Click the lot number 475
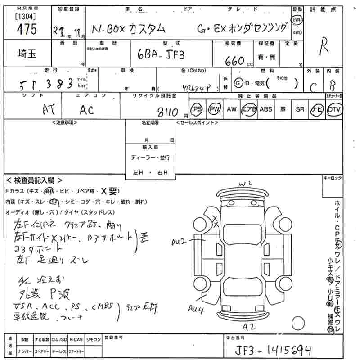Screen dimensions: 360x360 pyautogui.click(x=26, y=29)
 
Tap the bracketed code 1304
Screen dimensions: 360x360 pyautogui.click(x=25, y=16)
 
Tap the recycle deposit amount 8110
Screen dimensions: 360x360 pyautogui.click(x=165, y=111)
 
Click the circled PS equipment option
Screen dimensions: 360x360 pyautogui.click(x=197, y=109)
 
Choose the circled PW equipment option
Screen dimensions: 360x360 pyautogui.click(x=215, y=109)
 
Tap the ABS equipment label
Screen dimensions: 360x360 pyautogui.click(x=266, y=109)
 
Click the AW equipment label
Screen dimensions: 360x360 pyautogui.click(x=232, y=109)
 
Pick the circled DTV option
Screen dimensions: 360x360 pyautogui.click(x=334, y=109)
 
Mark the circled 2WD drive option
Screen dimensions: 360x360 pyautogui.click(x=297, y=20)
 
